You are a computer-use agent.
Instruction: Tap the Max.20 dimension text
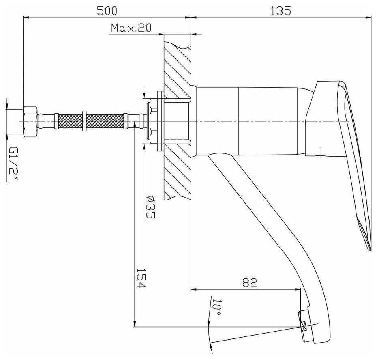coord(131,28)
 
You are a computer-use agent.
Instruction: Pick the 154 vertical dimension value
coord(140,278)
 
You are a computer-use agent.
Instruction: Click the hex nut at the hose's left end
coord(30,121)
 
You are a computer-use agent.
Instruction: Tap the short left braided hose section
coord(70,121)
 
